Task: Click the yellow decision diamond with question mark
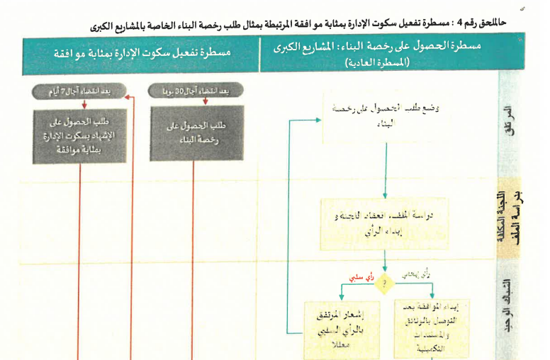(x=385, y=282)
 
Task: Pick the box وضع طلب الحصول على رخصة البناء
(x=385, y=113)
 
